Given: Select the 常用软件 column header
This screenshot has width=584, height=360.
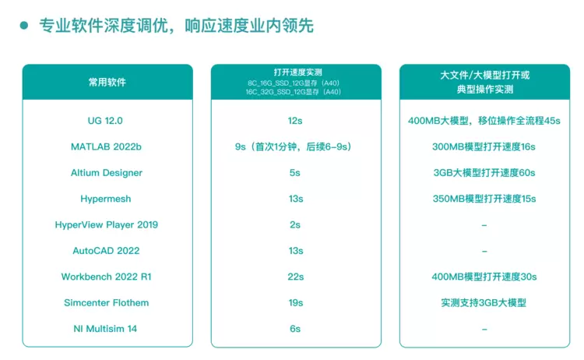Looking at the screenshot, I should point(107,82).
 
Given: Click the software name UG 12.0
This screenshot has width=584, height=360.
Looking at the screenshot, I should point(105,121).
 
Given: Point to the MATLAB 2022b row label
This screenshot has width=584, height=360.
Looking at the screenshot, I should point(106,146).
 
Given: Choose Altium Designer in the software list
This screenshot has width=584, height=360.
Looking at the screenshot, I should point(107,172).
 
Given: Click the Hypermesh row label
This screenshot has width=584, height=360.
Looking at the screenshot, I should point(107,199).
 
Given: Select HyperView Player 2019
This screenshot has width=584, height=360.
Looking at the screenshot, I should point(107,224).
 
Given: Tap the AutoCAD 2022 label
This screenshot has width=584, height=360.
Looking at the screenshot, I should point(106,251).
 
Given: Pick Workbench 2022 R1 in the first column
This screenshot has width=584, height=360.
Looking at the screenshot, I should point(107,277).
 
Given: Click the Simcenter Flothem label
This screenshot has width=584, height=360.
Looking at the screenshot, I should point(107,302).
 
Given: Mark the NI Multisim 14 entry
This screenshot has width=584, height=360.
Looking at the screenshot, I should point(106,329).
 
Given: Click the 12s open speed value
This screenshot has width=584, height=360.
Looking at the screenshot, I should point(295,121).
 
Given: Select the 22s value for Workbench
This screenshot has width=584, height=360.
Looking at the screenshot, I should point(295,277).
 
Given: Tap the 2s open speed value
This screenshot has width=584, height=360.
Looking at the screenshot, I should point(295,224).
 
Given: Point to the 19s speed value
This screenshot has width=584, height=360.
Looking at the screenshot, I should point(295,302).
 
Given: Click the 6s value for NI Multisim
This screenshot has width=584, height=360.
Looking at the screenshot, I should point(295,329).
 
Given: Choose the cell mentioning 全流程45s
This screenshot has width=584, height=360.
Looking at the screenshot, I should point(484,121).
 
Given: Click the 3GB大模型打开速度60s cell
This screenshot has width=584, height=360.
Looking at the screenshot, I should point(484,172).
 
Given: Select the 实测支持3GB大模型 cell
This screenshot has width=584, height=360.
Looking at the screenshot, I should point(484,302).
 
